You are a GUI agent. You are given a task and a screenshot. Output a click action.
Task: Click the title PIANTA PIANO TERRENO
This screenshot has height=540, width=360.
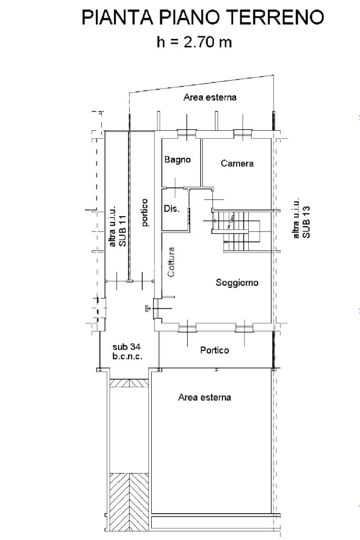[203, 17]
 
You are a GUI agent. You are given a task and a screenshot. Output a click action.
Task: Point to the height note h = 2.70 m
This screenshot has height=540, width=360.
[194, 42]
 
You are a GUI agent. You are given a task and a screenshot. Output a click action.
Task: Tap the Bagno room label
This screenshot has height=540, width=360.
[177, 160]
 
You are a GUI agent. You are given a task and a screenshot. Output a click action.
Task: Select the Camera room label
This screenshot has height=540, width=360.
[237, 163]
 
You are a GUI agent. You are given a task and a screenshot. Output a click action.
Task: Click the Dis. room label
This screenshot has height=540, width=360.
[172, 209]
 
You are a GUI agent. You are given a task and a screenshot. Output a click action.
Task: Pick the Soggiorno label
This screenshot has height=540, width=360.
[237, 283]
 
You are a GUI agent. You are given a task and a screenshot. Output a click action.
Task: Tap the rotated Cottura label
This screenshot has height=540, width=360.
[171, 262]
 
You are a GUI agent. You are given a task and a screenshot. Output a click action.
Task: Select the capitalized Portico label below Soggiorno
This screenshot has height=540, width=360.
[215, 350]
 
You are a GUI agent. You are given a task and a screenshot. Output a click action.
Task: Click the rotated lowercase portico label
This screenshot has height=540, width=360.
[145, 213]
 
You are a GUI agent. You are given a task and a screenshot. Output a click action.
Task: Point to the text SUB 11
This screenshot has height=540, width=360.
[122, 231]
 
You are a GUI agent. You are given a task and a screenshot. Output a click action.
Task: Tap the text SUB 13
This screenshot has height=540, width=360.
[306, 222]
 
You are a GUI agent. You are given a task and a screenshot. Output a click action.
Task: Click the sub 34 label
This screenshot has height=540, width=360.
[127, 347]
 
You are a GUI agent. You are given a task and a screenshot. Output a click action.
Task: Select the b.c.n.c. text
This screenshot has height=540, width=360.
[128, 356]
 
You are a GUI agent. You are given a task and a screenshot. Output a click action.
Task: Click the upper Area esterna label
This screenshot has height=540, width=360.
[210, 98]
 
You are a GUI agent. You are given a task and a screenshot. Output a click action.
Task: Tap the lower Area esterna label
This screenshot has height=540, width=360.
[205, 398]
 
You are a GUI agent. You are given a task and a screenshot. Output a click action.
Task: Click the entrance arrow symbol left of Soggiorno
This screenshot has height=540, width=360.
[149, 308]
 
